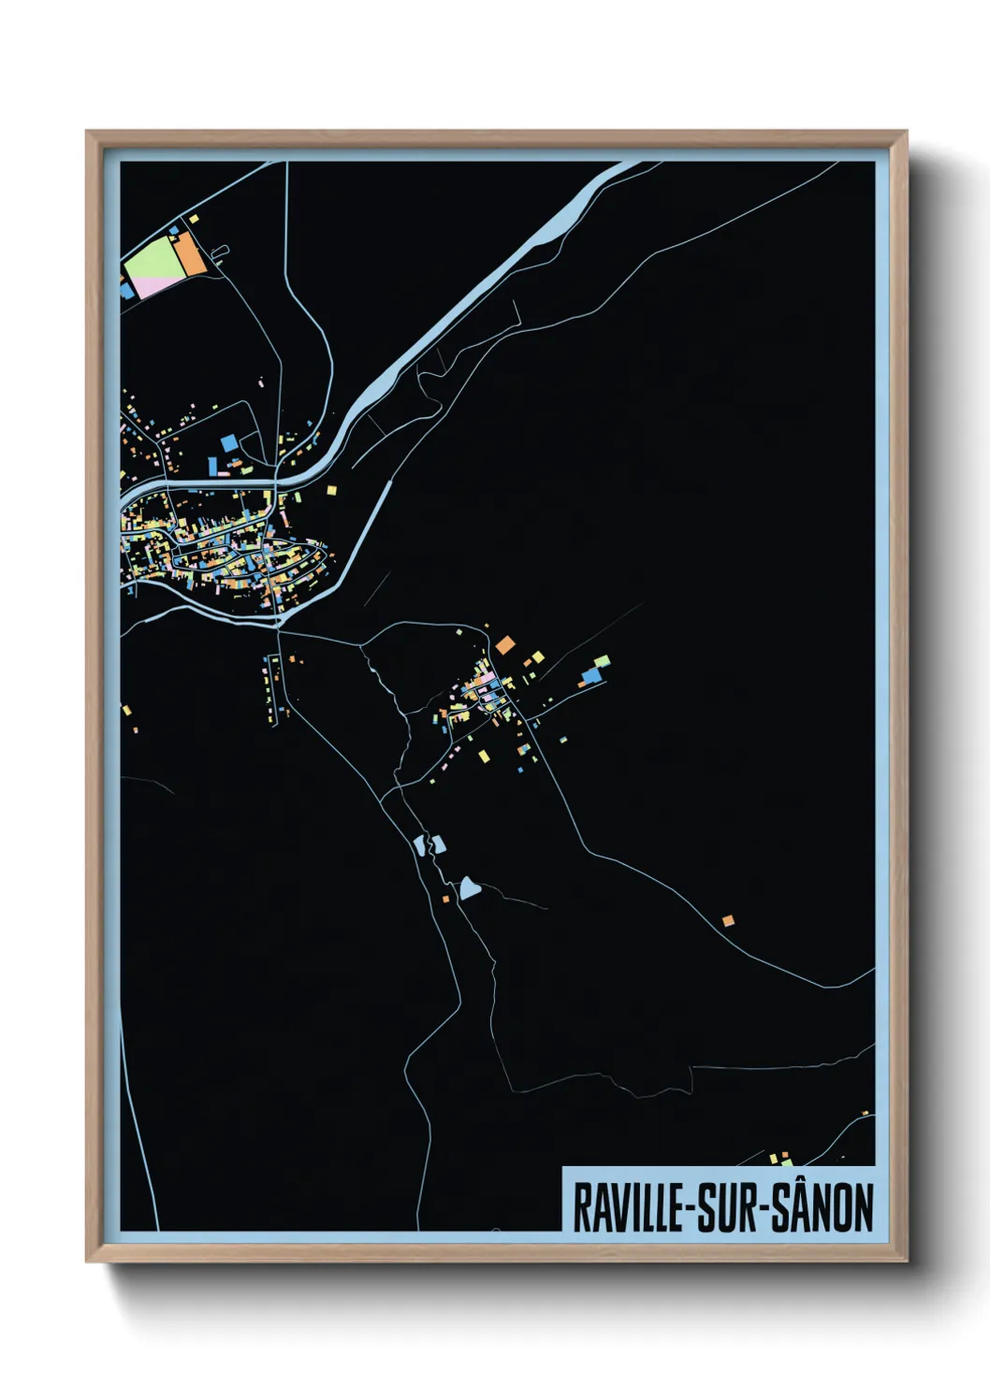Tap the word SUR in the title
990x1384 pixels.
(x=727, y=1207)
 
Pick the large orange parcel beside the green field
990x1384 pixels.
(x=189, y=253)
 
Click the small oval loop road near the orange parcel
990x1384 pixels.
(x=221, y=252)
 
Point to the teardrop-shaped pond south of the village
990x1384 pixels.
(x=469, y=887)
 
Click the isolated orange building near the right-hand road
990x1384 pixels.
(x=728, y=921)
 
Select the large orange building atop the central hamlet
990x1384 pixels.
(x=505, y=644)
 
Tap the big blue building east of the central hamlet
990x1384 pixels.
(x=591, y=674)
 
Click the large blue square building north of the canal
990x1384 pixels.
(x=228, y=441)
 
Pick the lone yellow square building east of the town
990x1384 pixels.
(x=331, y=489)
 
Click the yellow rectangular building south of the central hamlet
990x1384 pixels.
(x=484, y=756)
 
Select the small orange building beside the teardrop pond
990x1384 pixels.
(x=446, y=899)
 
